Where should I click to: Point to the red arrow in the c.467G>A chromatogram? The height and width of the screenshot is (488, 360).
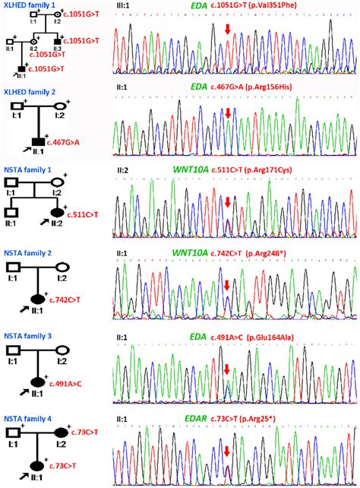click(x=227, y=113)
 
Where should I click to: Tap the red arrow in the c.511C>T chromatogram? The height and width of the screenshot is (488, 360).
click(x=226, y=201)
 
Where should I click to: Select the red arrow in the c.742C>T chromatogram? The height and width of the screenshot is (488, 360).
click(x=226, y=284)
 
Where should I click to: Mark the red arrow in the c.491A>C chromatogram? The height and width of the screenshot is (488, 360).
click(x=226, y=369)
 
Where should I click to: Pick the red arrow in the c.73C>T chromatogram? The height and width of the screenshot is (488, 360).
click(x=226, y=452)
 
